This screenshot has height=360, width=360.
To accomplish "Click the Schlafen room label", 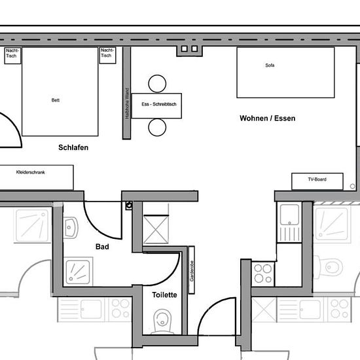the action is [x=73, y=147].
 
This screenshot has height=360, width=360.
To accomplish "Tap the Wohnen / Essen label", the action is [x=268, y=118].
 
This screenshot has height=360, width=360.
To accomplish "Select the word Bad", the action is [x=102, y=247].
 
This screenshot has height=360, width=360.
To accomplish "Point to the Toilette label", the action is [x=164, y=295].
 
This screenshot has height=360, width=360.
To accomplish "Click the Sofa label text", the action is [x=270, y=65].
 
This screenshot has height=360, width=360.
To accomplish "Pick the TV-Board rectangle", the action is [x=317, y=181].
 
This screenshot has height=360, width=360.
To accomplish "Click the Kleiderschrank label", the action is [x=31, y=172].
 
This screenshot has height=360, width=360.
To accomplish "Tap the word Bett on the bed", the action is [x=56, y=100].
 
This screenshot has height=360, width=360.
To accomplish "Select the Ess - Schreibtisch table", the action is [x=156, y=106].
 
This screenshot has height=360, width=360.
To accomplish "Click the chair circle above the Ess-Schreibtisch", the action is [x=157, y=84].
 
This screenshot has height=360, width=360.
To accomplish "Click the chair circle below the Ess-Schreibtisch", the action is [x=157, y=127].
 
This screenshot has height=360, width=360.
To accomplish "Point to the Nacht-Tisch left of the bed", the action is [x=12, y=56].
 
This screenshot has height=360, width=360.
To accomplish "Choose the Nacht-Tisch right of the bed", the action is [x=107, y=55].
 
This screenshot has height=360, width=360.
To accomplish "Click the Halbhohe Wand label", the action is [x=127, y=103].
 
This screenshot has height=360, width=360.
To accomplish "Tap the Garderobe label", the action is [x=192, y=271].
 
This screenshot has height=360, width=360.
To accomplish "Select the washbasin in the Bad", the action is [x=71, y=228].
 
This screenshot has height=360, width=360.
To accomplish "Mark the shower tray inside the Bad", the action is [x=78, y=272].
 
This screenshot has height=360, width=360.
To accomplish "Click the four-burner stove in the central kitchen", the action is [x=263, y=274].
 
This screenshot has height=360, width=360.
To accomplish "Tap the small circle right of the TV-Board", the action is [x=352, y=186].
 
